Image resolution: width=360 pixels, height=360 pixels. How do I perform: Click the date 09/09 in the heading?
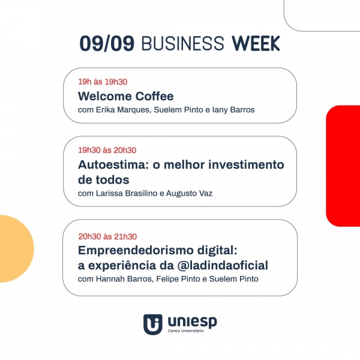(x=107, y=43)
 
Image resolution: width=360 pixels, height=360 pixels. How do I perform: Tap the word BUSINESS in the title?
(x=182, y=43)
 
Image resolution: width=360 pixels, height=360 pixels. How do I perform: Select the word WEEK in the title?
(x=256, y=43)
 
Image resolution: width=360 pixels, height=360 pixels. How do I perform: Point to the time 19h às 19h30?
(x=103, y=82)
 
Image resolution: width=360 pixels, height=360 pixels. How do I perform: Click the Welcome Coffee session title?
(x=126, y=96)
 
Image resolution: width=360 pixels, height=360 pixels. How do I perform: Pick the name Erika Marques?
(x=122, y=110)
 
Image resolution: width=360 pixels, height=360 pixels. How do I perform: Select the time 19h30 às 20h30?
(x=107, y=150)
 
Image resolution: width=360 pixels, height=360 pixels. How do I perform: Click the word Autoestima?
(x=113, y=164)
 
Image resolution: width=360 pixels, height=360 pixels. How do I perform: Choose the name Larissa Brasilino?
(x=127, y=193)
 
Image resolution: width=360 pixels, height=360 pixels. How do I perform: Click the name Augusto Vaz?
(x=189, y=193)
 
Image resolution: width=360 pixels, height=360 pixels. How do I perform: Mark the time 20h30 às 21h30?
(x=107, y=236)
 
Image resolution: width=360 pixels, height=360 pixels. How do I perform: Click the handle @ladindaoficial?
(x=223, y=265)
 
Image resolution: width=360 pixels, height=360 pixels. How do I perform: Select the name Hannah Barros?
(x=124, y=279)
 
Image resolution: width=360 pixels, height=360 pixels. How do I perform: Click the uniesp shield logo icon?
(x=152, y=324)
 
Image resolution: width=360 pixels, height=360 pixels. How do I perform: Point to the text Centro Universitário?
(x=185, y=331)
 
